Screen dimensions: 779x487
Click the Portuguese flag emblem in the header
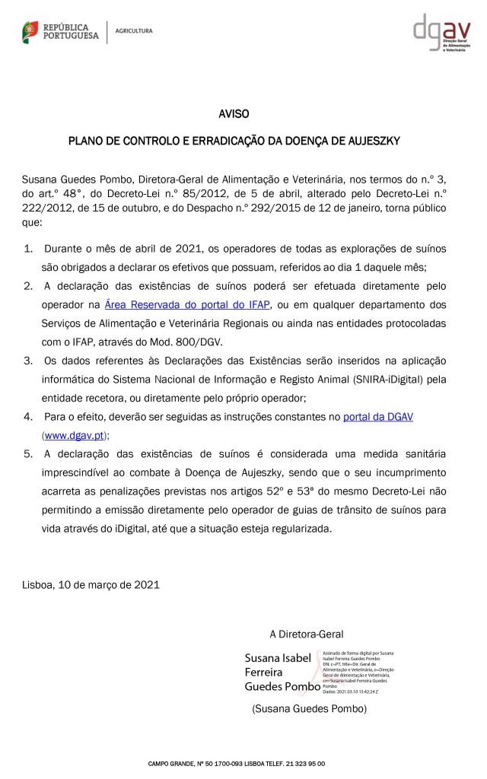coord(31,32)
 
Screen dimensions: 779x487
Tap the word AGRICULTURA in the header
coord(134,31)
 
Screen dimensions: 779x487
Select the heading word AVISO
coord(234,114)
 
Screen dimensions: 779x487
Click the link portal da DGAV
coord(378,418)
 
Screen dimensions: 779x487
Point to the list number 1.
coord(29,250)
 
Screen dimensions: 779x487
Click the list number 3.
coord(29,360)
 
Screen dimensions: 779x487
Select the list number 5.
coord(29,454)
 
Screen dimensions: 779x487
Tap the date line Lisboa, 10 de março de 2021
coord(91,585)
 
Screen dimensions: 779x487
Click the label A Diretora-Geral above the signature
coord(306,634)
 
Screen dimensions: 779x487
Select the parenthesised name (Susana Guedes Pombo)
coord(309,708)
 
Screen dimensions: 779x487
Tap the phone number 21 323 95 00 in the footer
coord(304,764)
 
